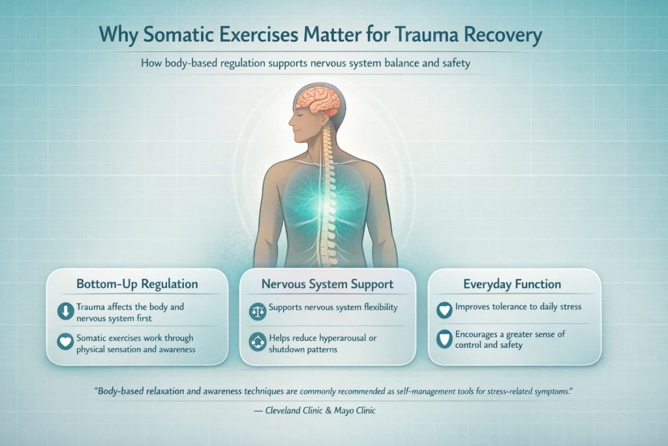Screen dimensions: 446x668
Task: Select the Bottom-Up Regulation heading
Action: pos(137,285)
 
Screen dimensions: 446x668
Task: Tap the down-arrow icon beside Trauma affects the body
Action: pos(66,311)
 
